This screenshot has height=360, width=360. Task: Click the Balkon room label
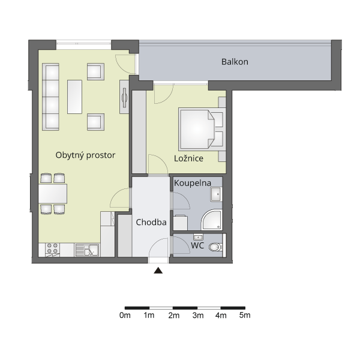pyautogui.click(x=235, y=62)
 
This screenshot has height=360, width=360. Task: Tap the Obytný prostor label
pyautogui.click(x=85, y=155)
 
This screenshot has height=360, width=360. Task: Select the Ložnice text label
pyautogui.click(x=188, y=158)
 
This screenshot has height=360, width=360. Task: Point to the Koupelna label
pyautogui.click(x=193, y=183)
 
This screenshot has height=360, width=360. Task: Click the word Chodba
pyautogui.click(x=151, y=222)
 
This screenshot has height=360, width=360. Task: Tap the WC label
pyautogui.click(x=197, y=245)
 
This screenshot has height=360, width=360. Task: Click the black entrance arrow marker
pyautogui.click(x=158, y=271)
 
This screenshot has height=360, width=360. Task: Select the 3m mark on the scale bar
pyautogui.click(x=198, y=316)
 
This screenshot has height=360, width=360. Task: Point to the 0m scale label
pyautogui.click(x=125, y=316)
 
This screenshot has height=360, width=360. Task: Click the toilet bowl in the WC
pyautogui.click(x=215, y=247)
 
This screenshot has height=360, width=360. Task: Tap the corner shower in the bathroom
pyautogui.click(x=212, y=220)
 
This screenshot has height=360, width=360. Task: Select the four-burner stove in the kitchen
pyautogui.click(x=53, y=250)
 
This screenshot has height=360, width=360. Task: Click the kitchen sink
pyautogui.click(x=88, y=250)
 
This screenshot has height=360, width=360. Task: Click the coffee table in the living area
pyautogui.click(x=74, y=97)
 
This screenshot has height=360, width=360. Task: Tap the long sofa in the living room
pyautogui.click(x=51, y=97)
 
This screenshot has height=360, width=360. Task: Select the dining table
pyautogui.click(x=53, y=194)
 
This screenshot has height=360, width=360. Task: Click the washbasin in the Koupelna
pyautogui.click(x=216, y=194)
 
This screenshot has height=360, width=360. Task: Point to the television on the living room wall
pyautogui.click(x=124, y=97)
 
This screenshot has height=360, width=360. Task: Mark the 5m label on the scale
pyautogui.click(x=245, y=316)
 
